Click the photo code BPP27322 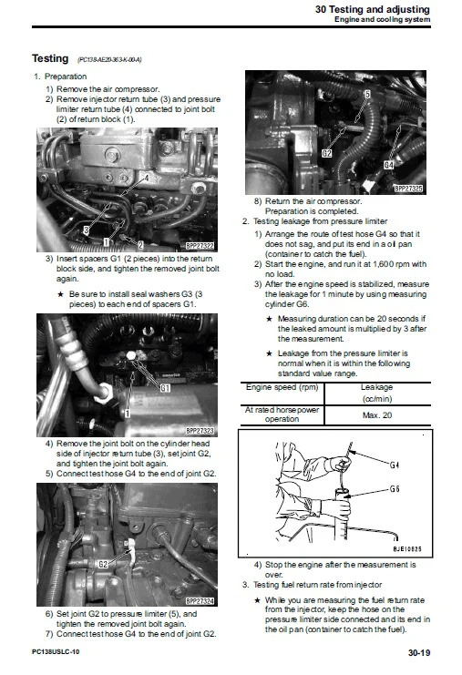click(200, 246)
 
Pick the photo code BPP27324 click(200, 601)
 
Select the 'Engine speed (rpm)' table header click(282, 386)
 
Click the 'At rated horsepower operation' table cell click(282, 414)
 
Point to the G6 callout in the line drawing click(395, 489)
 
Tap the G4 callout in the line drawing click(395, 465)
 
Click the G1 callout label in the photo click(165, 388)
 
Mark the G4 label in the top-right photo click(388, 165)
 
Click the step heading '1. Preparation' click(61, 77)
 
